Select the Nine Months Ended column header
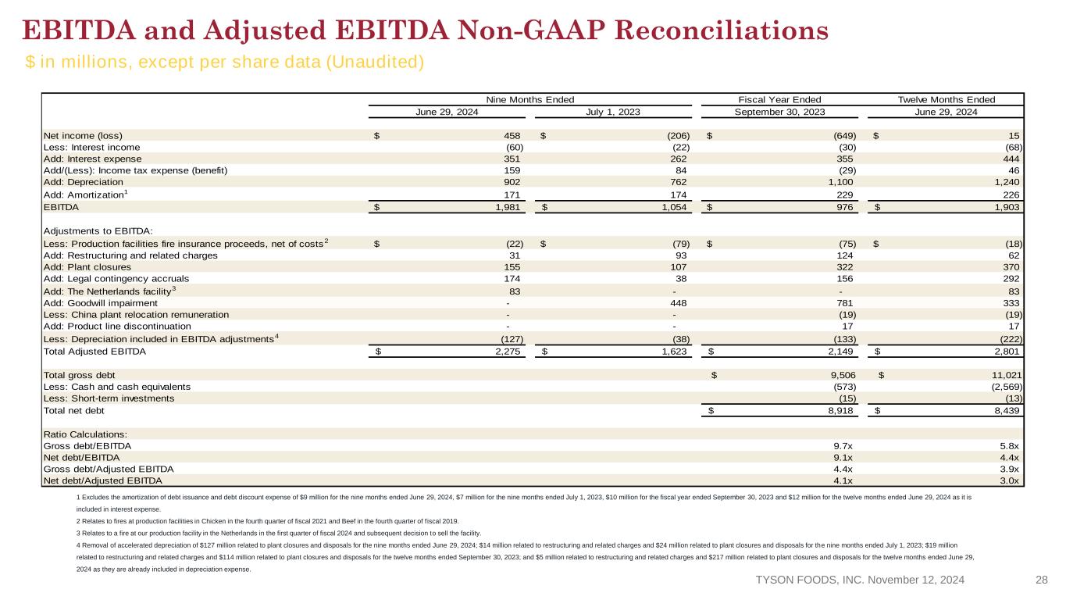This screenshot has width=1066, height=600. (x=530, y=99)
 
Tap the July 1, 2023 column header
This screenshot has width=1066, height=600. (x=613, y=112)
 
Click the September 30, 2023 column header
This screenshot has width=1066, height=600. (x=779, y=112)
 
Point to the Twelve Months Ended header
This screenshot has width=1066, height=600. (x=946, y=99)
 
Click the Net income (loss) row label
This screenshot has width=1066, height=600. (x=83, y=136)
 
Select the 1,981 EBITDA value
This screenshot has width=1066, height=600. (x=508, y=207)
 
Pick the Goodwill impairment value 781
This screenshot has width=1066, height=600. (x=845, y=303)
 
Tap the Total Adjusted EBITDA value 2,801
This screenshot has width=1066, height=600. (x=1007, y=352)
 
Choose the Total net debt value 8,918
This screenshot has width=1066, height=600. (x=840, y=410)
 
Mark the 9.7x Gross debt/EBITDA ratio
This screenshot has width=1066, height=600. (x=843, y=446)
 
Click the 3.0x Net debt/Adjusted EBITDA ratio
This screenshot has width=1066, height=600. (x=1009, y=481)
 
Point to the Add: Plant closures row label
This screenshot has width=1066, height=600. (x=87, y=267)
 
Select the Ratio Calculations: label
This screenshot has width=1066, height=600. (x=85, y=434)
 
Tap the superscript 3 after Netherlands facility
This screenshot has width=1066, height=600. (x=173, y=288)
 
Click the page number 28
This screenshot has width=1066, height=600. (x=1042, y=580)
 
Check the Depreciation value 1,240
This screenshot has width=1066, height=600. (x=1007, y=182)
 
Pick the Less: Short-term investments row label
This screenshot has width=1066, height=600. (x=109, y=398)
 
